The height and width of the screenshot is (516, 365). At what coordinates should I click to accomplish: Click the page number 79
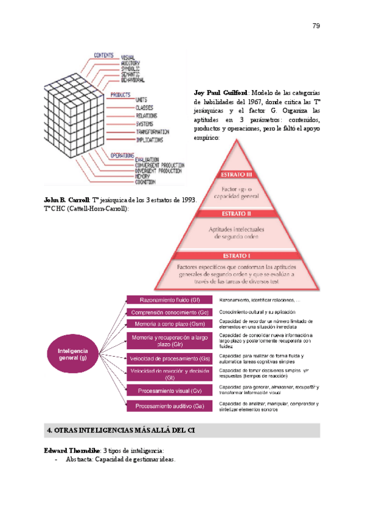[316, 26]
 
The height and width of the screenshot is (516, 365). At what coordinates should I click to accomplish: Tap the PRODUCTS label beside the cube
[121, 94]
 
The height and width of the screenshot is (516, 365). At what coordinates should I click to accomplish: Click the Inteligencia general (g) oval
[73, 354]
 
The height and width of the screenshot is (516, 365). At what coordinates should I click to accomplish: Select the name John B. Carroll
[67, 200]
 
